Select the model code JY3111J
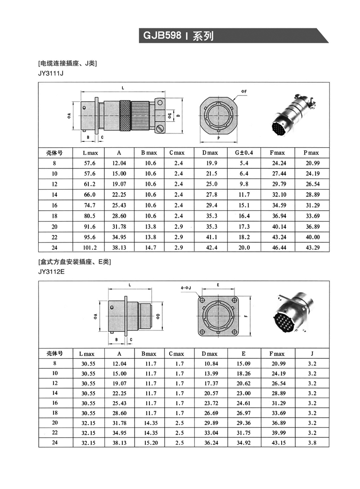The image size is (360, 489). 51,73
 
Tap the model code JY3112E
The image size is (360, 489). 52,272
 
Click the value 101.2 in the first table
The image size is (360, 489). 90,248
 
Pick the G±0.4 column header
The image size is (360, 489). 244,153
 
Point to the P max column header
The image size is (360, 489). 311,153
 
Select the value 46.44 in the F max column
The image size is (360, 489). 278,248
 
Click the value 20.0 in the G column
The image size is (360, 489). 244,248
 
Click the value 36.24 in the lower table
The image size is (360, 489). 210,443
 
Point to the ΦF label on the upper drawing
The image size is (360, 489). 243,91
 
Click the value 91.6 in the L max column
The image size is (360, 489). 90,226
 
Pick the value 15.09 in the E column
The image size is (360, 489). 244,363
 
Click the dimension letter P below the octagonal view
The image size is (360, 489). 218,138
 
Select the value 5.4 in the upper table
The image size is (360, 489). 244,163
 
